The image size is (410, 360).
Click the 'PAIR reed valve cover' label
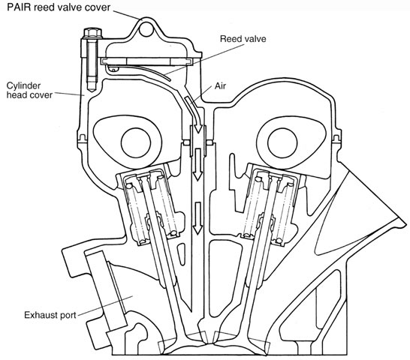pyautogui.click(x=59, y=7)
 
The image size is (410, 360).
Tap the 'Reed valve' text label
pyautogui.click(x=243, y=39)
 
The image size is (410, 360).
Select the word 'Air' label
pyautogui.click(x=220, y=86)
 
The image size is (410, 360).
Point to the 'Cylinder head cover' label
pyautogui.click(x=29, y=90)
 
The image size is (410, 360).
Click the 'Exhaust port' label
pyautogui.click(x=50, y=315)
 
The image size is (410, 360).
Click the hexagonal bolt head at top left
pyautogui.click(x=92, y=33)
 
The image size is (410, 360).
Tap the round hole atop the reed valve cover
pyautogui.click(x=146, y=29)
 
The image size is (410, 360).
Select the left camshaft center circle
pyautogui.click(x=136, y=142)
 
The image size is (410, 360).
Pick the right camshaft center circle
pyautogui.click(x=282, y=142)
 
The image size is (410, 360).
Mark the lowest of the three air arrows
pyautogui.click(x=197, y=218)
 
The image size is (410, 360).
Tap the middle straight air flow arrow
pyautogui.click(x=197, y=164)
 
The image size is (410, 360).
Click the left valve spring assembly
pyautogui.click(x=150, y=206)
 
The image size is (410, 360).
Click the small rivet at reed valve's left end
pyautogui.click(x=114, y=69)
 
